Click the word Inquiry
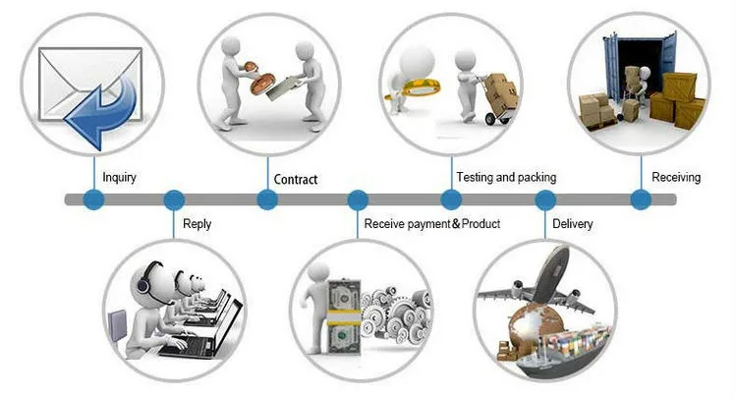(x=119, y=178)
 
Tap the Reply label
(x=197, y=224)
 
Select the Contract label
(x=296, y=179)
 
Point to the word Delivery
(x=573, y=224)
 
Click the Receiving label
(x=676, y=177)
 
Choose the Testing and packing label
(x=506, y=177)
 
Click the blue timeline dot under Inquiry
(x=93, y=200)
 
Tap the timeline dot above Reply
(x=174, y=200)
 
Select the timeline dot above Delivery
(x=545, y=200)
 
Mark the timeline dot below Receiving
(x=641, y=200)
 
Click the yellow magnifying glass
(x=414, y=87)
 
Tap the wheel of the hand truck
(x=490, y=119)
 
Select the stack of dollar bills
(x=344, y=316)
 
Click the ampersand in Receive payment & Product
(x=456, y=224)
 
